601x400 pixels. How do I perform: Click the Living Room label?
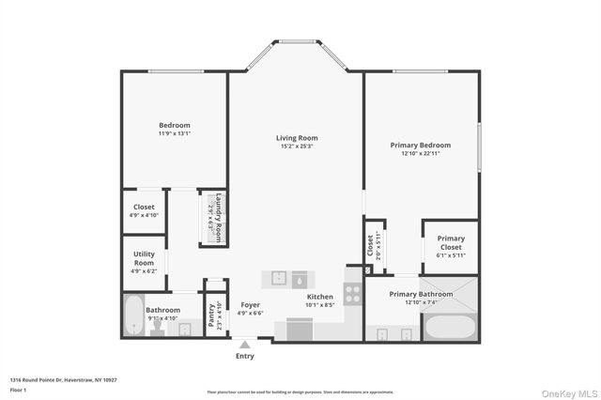[x=296, y=138]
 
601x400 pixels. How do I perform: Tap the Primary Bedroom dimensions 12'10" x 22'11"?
[x=420, y=153]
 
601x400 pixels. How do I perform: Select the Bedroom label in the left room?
[x=174, y=125]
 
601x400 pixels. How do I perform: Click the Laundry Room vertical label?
[x=219, y=218]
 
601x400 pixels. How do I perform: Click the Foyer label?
[x=250, y=304]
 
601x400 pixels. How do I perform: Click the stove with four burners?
[x=353, y=293]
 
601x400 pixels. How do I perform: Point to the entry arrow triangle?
[x=245, y=345]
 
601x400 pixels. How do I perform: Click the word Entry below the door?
[x=245, y=356]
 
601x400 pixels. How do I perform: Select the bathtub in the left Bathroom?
[x=132, y=316]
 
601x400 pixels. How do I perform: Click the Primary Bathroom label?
[x=422, y=294]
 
